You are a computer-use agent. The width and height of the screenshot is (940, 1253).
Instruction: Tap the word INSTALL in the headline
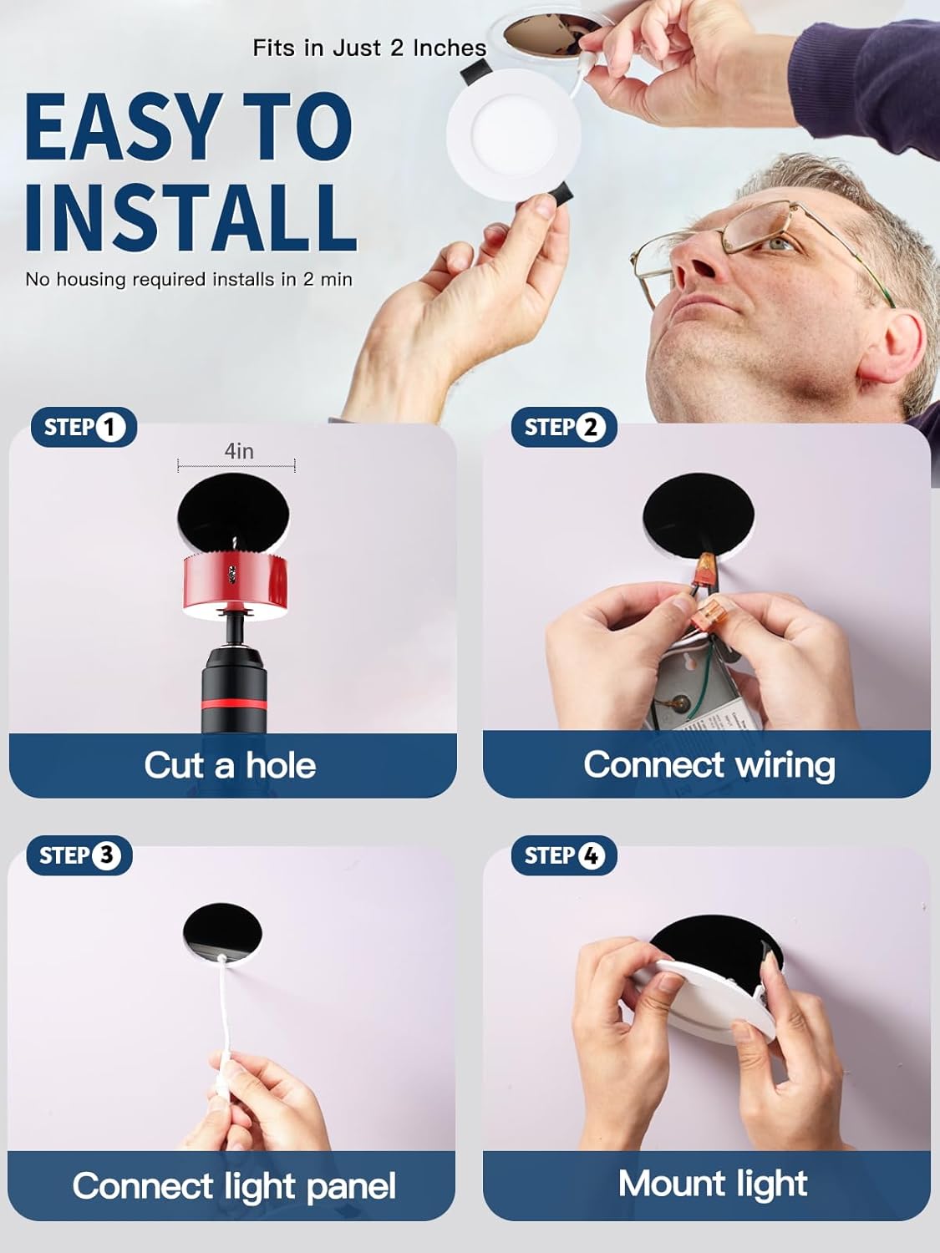click(191, 217)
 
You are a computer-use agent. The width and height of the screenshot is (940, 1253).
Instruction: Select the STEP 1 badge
click(84, 427)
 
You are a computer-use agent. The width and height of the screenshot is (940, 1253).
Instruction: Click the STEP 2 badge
click(564, 427)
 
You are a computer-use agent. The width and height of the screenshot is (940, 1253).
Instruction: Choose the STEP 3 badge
click(79, 855)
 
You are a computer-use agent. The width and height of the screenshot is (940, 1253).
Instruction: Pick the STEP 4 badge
click(564, 855)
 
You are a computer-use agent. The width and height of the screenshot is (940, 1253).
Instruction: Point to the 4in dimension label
click(239, 451)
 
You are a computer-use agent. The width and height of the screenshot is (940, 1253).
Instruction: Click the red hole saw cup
click(236, 586)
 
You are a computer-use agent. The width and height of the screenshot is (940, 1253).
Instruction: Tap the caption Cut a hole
click(230, 765)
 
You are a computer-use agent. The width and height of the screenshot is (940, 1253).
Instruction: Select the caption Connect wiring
click(709, 765)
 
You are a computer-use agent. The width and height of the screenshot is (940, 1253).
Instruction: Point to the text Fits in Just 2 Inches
click(369, 48)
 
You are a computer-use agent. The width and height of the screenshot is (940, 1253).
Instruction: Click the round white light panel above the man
click(513, 134)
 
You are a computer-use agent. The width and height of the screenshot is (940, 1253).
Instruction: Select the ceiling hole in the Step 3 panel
click(222, 933)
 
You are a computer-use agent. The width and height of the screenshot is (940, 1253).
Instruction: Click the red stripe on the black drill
click(234, 704)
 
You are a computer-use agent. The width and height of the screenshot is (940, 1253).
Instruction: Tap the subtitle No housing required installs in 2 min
click(188, 280)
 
